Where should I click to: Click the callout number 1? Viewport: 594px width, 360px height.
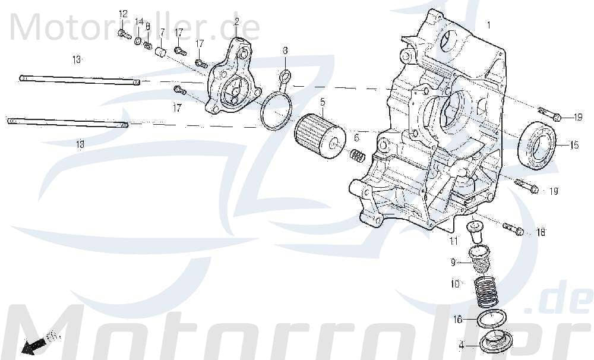click(489, 26)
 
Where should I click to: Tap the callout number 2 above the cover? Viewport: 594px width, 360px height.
click(236, 22)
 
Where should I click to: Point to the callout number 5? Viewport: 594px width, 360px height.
click(323, 102)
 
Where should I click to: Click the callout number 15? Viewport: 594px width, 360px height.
click(574, 145)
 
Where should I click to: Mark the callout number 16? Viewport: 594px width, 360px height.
click(458, 320)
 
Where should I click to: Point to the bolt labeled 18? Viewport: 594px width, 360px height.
click(514, 229)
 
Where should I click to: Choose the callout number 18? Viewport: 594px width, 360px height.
click(541, 233)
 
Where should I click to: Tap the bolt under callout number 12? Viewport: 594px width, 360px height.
click(125, 34)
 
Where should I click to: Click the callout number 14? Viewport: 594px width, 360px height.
click(139, 22)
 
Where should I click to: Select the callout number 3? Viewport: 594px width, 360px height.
click(285, 50)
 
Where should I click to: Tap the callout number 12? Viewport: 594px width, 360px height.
click(123, 14)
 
